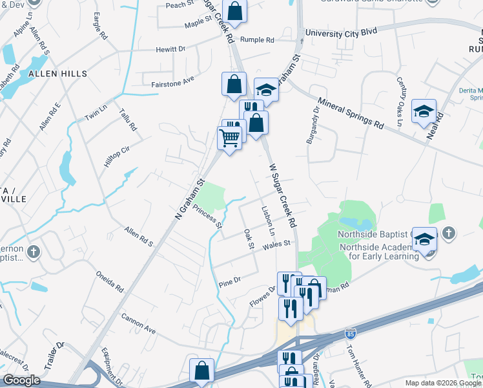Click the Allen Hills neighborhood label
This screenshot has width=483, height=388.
pyautogui.click(x=57, y=74)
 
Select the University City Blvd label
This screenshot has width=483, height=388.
pyautogui.click(x=341, y=32)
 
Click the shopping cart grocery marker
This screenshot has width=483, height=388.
pyautogui.click(x=230, y=138)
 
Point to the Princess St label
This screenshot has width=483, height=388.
pyautogui.click(x=207, y=218)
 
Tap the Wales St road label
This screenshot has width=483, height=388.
pyautogui.click(x=278, y=245)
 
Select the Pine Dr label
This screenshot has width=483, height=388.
pyautogui.click(x=229, y=281)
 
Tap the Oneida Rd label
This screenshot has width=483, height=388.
pyautogui.click(x=109, y=283)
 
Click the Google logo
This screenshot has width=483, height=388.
pyautogui.click(x=21, y=380)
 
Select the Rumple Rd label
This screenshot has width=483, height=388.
pyautogui.click(x=257, y=40)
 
